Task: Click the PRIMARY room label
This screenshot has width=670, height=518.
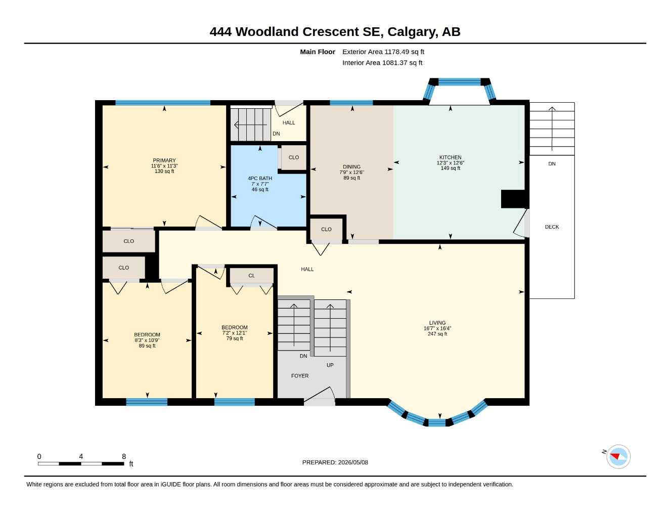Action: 164,160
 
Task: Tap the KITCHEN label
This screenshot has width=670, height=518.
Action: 450,157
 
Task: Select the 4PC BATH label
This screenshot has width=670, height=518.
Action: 260,178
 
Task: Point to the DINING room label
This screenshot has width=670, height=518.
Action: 351,167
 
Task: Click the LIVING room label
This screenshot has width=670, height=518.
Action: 437,323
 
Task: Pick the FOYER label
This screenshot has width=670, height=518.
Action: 300,376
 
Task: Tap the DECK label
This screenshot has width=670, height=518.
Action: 552,227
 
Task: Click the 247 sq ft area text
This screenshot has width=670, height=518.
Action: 437,334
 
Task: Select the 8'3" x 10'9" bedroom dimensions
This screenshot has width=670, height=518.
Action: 147,340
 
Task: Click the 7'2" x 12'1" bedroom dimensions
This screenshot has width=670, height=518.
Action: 234,333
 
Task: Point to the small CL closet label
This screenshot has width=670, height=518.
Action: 252,276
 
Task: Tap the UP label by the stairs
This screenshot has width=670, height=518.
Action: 330,365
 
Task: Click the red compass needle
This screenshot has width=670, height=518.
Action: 615,456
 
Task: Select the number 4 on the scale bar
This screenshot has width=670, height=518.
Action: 81,456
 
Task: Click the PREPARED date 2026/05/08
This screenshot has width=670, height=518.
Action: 353,462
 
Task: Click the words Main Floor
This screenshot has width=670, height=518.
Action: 318,52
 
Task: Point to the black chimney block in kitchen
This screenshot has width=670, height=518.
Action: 514,199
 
